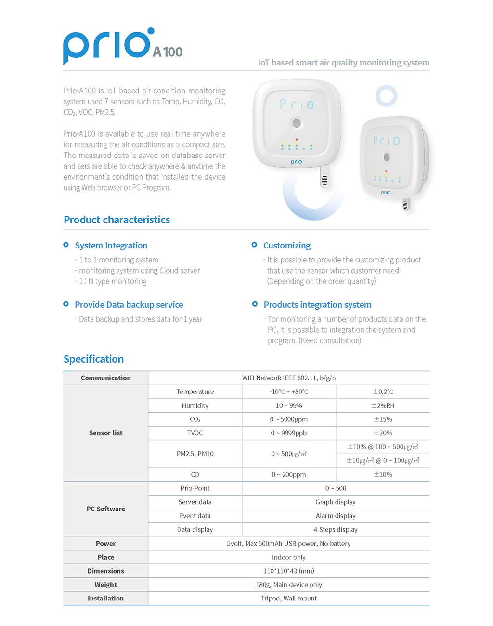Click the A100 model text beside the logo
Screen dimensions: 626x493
(168, 52)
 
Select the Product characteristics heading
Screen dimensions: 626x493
(117, 220)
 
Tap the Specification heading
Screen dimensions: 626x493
(93, 359)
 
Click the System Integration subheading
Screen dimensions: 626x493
(111, 245)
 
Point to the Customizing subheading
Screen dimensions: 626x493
(286, 245)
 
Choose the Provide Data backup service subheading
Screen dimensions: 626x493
(129, 304)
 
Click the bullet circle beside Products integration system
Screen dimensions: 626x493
(255, 304)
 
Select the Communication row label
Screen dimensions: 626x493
(105, 378)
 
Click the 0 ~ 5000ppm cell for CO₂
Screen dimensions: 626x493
(288, 419)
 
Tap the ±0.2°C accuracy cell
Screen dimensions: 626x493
(383, 391)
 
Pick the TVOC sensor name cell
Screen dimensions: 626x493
(195, 433)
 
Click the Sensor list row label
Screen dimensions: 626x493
(105, 433)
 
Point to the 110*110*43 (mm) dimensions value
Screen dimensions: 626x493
(288, 571)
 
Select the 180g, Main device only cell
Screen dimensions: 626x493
(288, 585)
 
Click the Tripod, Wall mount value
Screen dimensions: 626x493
(288, 598)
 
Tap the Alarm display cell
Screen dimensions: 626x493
(336, 516)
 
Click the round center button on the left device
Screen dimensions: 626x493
(297, 123)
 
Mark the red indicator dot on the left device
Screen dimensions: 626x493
(297, 140)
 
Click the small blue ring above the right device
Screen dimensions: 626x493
(386, 96)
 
